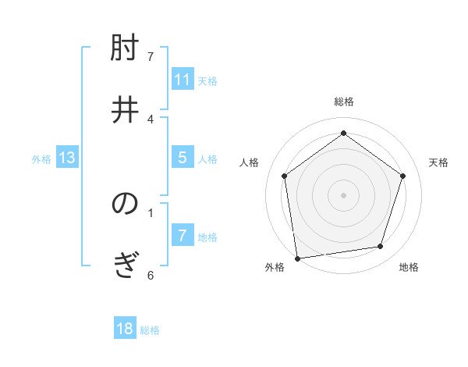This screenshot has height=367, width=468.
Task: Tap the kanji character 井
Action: click(x=125, y=109)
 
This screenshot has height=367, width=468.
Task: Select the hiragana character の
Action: click(x=125, y=205)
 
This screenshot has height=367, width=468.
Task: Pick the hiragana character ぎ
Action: click(x=125, y=265)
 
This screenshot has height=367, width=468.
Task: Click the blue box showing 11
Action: click(x=183, y=80)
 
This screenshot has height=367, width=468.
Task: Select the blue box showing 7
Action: click(x=183, y=236)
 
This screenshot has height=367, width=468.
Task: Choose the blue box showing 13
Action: click(x=67, y=159)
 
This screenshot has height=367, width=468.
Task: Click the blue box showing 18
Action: click(x=125, y=329)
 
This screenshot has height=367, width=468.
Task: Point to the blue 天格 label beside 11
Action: click(x=207, y=80)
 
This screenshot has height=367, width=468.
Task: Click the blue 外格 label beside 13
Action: click(x=41, y=159)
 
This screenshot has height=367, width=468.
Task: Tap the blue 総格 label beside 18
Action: click(x=150, y=330)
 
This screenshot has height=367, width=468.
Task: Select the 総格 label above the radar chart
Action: click(x=344, y=102)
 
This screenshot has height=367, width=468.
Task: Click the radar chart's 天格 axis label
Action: click(x=438, y=162)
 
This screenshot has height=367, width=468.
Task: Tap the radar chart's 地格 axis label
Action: click(x=409, y=267)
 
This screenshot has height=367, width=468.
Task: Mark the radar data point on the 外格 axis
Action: click(x=297, y=258)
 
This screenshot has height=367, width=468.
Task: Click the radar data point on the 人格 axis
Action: click(x=284, y=176)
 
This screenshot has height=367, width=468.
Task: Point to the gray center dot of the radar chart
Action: click(x=344, y=194)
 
